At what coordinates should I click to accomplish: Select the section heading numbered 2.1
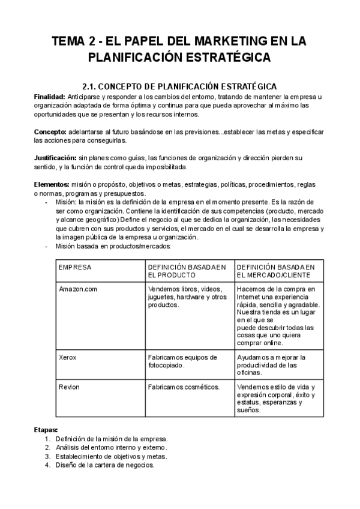point(179,86)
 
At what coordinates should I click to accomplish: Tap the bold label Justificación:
point(55,158)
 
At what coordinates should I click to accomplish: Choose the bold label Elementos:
point(52,184)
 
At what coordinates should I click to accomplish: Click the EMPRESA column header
point(75,266)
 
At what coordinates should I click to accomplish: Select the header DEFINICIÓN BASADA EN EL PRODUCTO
point(187,270)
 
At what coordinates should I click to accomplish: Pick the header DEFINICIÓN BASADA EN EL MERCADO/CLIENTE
point(275,270)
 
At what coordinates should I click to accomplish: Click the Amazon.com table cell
point(78,289)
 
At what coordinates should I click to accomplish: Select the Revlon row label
point(69,387)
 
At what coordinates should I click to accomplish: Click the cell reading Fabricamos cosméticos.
point(184,387)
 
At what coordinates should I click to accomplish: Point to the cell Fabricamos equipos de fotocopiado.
point(182,361)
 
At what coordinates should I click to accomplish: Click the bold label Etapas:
point(46,430)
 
